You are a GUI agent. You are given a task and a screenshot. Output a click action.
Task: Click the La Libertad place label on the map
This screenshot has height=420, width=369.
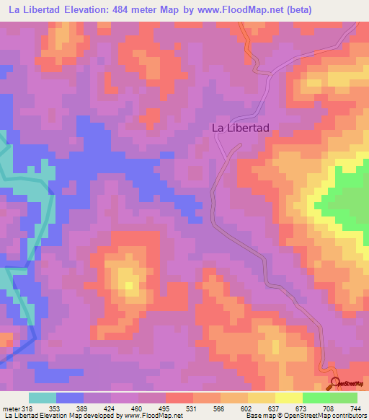pyautogui.click(x=240, y=128)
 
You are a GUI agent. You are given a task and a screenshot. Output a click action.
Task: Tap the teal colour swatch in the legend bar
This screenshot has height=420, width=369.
pyautogui.click(x=43, y=398)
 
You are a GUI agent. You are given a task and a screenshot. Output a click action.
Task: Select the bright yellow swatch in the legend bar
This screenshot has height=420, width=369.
pyautogui.click(x=289, y=398)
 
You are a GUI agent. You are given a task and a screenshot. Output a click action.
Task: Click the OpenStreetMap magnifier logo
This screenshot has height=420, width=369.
pyautogui.click(x=335, y=383)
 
